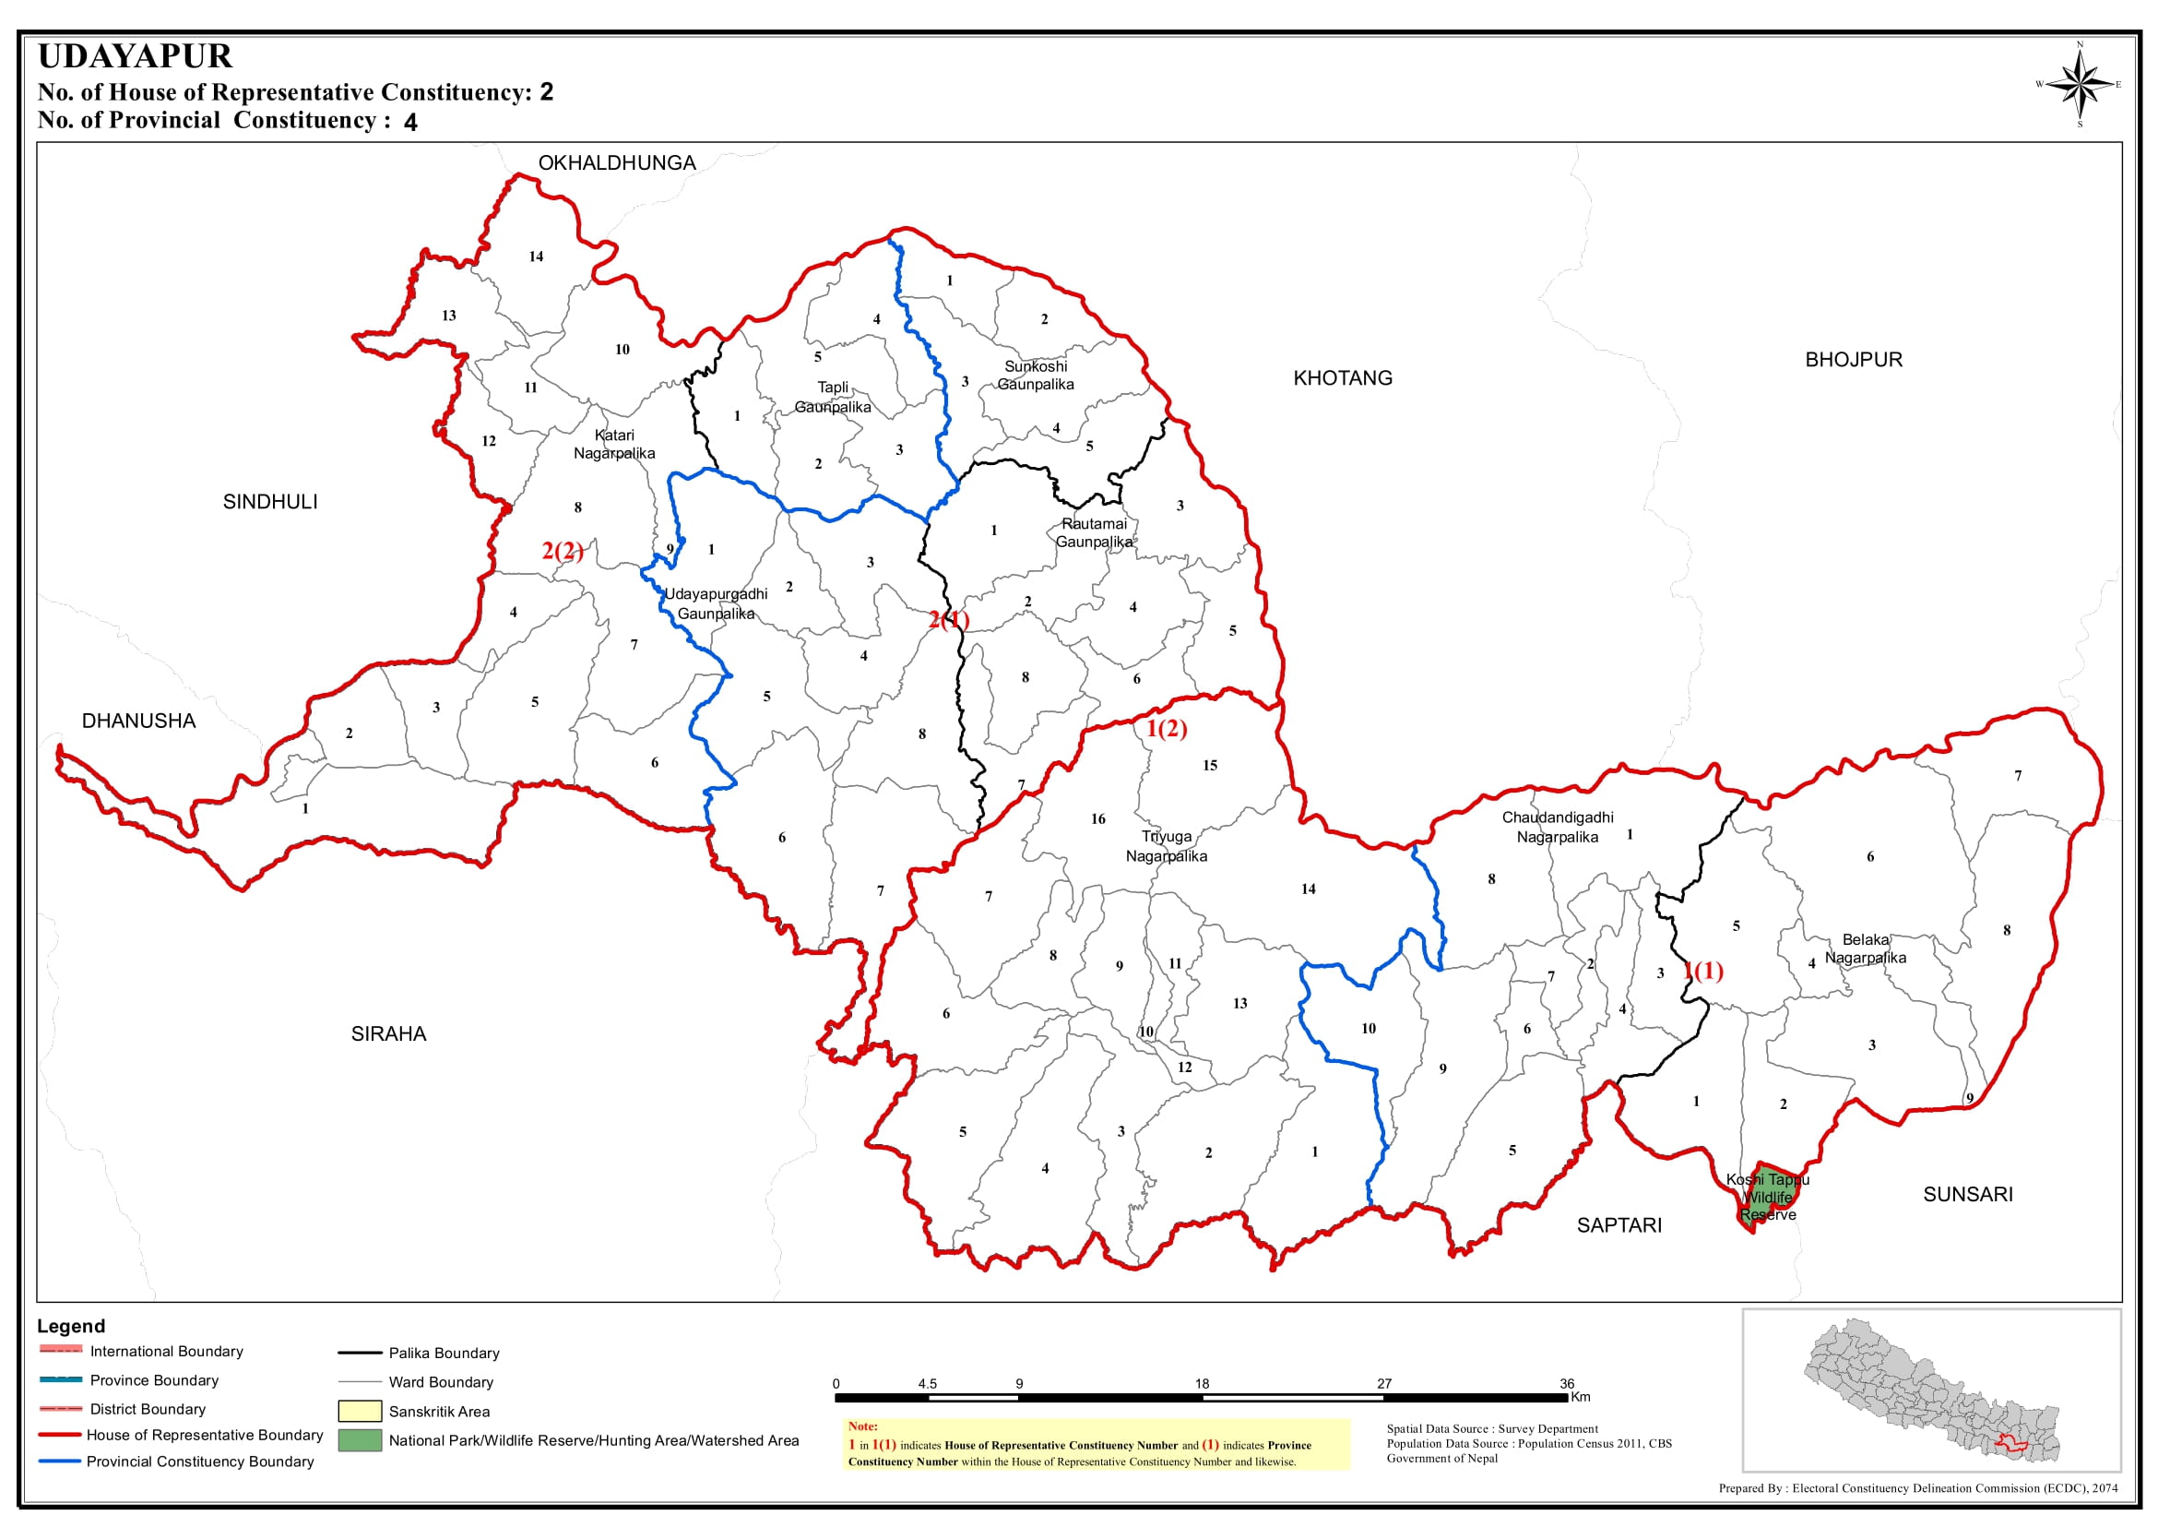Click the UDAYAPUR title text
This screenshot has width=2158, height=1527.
click(x=136, y=56)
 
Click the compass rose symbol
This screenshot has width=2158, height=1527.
click(x=2079, y=85)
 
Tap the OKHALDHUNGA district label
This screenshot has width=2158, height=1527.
click(x=617, y=162)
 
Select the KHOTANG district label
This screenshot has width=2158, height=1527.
click(x=1342, y=378)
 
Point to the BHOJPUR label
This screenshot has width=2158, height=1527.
click(x=1854, y=359)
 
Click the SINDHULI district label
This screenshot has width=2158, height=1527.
click(x=269, y=502)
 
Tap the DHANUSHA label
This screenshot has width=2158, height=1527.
click(x=138, y=722)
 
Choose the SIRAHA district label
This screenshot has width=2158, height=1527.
click(x=388, y=1034)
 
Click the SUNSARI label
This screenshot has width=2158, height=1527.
click(x=1967, y=1194)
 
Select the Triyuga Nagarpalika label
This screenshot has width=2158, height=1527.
click(x=1167, y=846)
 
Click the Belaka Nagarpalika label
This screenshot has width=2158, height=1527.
click(x=1865, y=948)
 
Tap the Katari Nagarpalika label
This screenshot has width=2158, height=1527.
click(x=614, y=444)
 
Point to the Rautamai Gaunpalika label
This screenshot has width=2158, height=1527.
click(x=1094, y=533)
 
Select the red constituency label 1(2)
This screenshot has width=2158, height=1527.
click(x=1167, y=729)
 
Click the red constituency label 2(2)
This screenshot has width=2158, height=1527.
click(x=562, y=551)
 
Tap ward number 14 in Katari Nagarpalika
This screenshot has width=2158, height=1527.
click(x=536, y=256)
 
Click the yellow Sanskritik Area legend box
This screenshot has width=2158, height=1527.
click(x=359, y=1412)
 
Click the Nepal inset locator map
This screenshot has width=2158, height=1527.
click(x=1931, y=1391)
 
